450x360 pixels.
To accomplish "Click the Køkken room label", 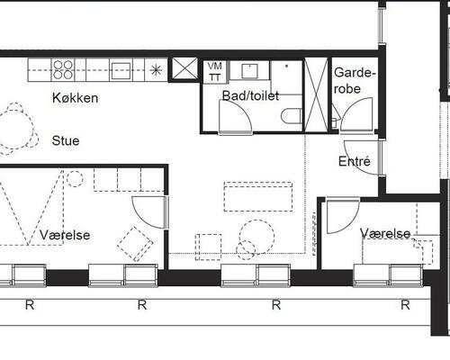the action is click(x=76, y=98).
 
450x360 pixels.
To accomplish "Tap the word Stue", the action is click(x=66, y=140).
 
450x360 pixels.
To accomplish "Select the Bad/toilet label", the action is click(x=250, y=95).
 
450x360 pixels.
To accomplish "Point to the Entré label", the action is click(x=355, y=161).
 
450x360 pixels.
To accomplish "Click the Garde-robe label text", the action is click(x=355, y=81).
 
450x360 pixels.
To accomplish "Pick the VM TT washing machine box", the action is click(x=215, y=72).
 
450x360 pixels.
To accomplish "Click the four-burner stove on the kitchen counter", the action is click(x=63, y=70).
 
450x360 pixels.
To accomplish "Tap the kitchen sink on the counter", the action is click(x=121, y=71).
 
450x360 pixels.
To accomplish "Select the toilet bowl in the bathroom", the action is click(x=292, y=116).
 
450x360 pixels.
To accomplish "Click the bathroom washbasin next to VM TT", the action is click(x=249, y=71).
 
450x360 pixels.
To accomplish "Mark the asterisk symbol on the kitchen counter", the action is click(x=156, y=70).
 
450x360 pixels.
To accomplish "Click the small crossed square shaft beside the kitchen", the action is click(x=184, y=68).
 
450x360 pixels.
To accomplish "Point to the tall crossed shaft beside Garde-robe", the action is click(x=316, y=94).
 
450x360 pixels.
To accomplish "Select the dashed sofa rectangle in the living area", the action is click(x=258, y=196).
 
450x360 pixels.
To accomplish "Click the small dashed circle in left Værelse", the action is click(x=75, y=179).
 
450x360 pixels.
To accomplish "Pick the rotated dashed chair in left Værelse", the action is click(x=135, y=244).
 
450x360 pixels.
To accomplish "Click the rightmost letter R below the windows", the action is click(x=405, y=305).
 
